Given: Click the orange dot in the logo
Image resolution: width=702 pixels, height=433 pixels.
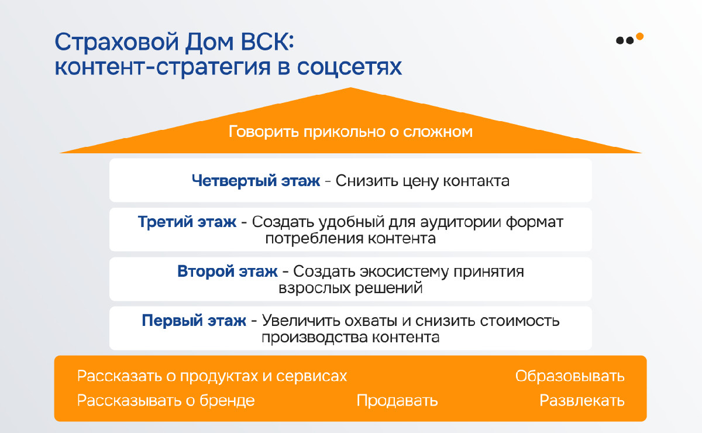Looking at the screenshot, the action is (x=639, y=36).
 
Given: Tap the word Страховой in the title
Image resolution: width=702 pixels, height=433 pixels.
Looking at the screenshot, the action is (x=116, y=42).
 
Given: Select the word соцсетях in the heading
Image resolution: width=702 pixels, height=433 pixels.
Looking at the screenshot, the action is (x=349, y=67).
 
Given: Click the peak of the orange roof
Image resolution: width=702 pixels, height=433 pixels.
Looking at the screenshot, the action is (x=350, y=88).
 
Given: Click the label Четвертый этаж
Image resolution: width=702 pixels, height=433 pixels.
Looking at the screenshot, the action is (x=256, y=181).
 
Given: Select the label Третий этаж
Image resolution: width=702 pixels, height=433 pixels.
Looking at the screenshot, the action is (x=187, y=222).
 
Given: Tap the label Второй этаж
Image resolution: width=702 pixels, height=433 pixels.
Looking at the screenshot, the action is (x=227, y=272).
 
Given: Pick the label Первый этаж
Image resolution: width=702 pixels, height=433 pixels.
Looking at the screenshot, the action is (x=194, y=321).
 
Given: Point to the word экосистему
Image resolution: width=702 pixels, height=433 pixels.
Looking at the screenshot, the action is (x=404, y=272).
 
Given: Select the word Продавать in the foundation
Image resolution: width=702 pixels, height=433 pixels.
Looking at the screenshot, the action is (x=397, y=400).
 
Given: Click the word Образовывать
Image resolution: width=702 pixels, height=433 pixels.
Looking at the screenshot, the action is (x=570, y=376).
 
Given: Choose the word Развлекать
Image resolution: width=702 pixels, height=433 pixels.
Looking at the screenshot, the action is (x=582, y=400).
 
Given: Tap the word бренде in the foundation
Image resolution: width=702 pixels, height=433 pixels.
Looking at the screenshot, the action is (x=227, y=400).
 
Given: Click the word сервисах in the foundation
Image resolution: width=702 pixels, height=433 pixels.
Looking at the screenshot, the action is (x=311, y=376).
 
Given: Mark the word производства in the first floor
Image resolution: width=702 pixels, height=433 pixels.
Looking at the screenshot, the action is (x=315, y=338).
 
